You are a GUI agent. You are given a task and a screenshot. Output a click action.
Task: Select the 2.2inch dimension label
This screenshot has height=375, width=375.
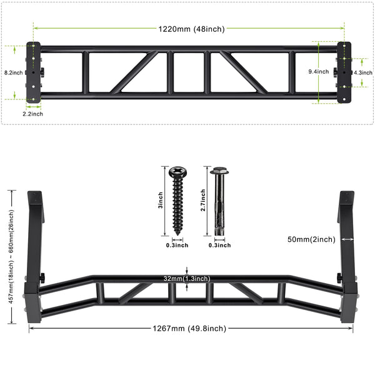[x=32, y=114]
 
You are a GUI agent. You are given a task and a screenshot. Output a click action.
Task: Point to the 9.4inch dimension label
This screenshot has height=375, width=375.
[x=319, y=72]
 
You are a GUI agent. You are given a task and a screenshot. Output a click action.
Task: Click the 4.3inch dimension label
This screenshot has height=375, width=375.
[x=363, y=72]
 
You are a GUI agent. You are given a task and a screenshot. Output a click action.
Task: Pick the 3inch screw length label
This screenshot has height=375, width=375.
[x=160, y=200]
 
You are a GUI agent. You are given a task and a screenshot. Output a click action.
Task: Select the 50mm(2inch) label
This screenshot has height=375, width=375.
[x=311, y=239]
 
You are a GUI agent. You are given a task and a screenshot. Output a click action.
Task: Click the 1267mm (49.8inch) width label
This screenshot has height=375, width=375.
[x=189, y=328]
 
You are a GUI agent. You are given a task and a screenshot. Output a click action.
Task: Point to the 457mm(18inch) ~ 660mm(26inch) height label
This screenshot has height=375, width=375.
[x=9, y=257]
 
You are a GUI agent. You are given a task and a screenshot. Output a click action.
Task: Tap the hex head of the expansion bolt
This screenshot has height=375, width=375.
[x=219, y=170]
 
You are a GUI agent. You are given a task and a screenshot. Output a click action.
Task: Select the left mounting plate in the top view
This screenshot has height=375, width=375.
[x=32, y=72]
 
